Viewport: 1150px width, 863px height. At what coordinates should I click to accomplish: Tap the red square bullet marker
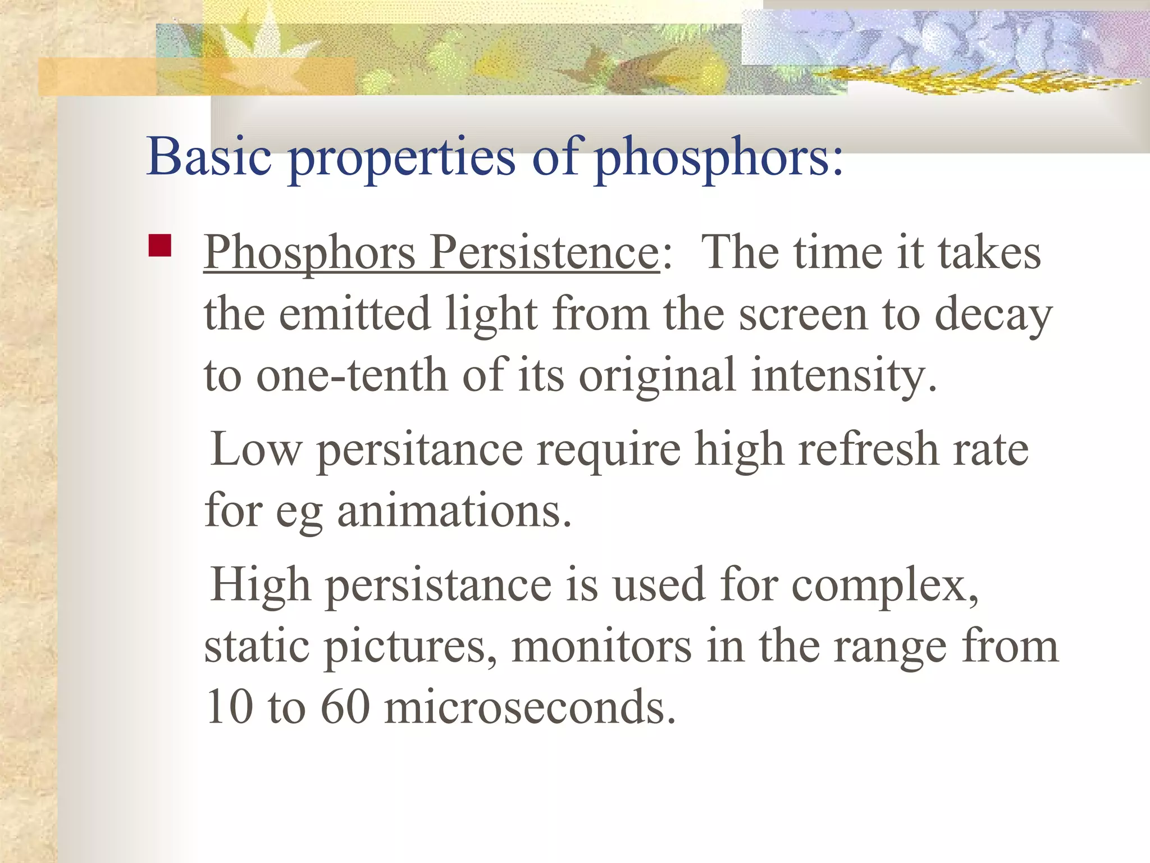pos(160,246)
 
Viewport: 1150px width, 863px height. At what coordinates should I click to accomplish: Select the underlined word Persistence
pos(544,252)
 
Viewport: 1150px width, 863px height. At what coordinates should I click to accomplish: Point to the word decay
pos(993,315)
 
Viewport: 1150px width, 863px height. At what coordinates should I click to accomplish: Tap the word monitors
pos(601,647)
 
